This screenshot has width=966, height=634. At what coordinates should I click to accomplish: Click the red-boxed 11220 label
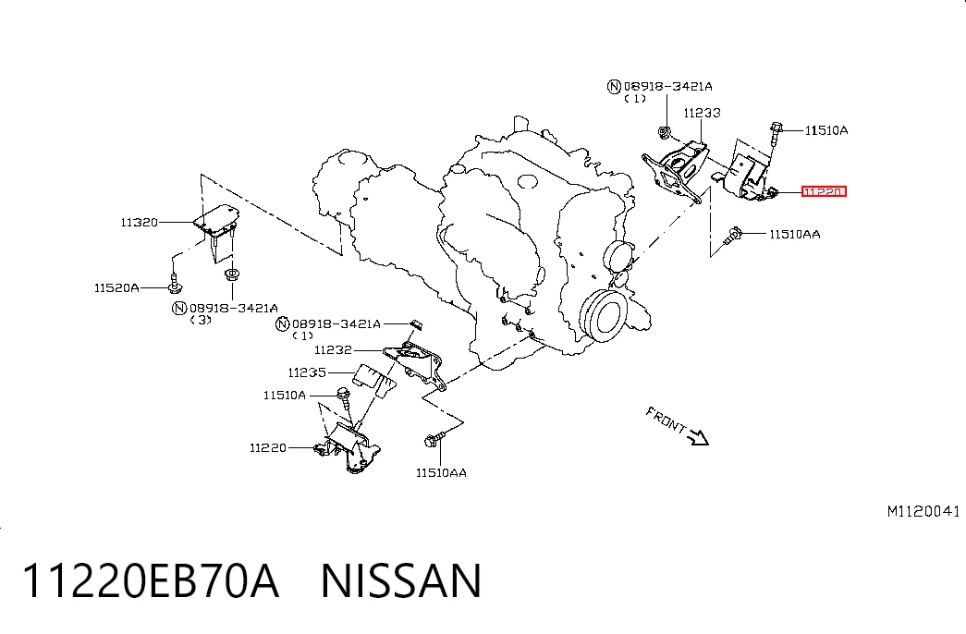824,191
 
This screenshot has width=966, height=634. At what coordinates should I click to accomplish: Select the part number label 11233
702,113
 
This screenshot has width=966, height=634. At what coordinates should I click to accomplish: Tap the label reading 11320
140,223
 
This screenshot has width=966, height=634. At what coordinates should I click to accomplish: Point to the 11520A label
116,287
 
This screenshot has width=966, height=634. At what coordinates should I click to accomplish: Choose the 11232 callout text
333,350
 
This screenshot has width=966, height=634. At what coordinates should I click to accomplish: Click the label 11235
307,372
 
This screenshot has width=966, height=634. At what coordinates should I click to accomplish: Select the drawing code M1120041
923,511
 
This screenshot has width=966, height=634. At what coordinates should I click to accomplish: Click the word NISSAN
401,580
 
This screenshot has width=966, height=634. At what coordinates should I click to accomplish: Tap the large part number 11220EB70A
151,580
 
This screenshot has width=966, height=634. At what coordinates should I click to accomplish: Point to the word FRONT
666,420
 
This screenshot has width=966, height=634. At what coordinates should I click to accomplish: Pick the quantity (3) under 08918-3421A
201,320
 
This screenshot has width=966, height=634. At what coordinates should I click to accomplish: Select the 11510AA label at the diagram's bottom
441,473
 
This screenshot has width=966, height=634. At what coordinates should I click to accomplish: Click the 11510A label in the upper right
826,130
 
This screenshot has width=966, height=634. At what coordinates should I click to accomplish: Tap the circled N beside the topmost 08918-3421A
614,87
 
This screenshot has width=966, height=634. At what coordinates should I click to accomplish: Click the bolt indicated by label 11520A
175,283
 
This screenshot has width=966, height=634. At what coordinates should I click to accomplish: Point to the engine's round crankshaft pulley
603,316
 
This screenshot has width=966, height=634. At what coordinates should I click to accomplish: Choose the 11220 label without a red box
268,448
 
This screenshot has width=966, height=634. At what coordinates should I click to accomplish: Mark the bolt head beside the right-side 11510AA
734,234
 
